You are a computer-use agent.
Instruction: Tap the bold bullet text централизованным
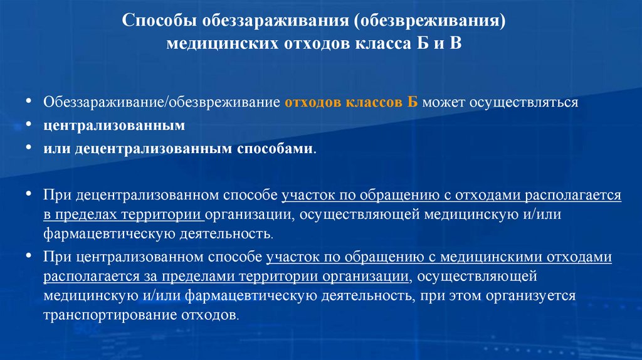coord(114,125)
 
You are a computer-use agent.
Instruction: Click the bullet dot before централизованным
coord(29,125)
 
